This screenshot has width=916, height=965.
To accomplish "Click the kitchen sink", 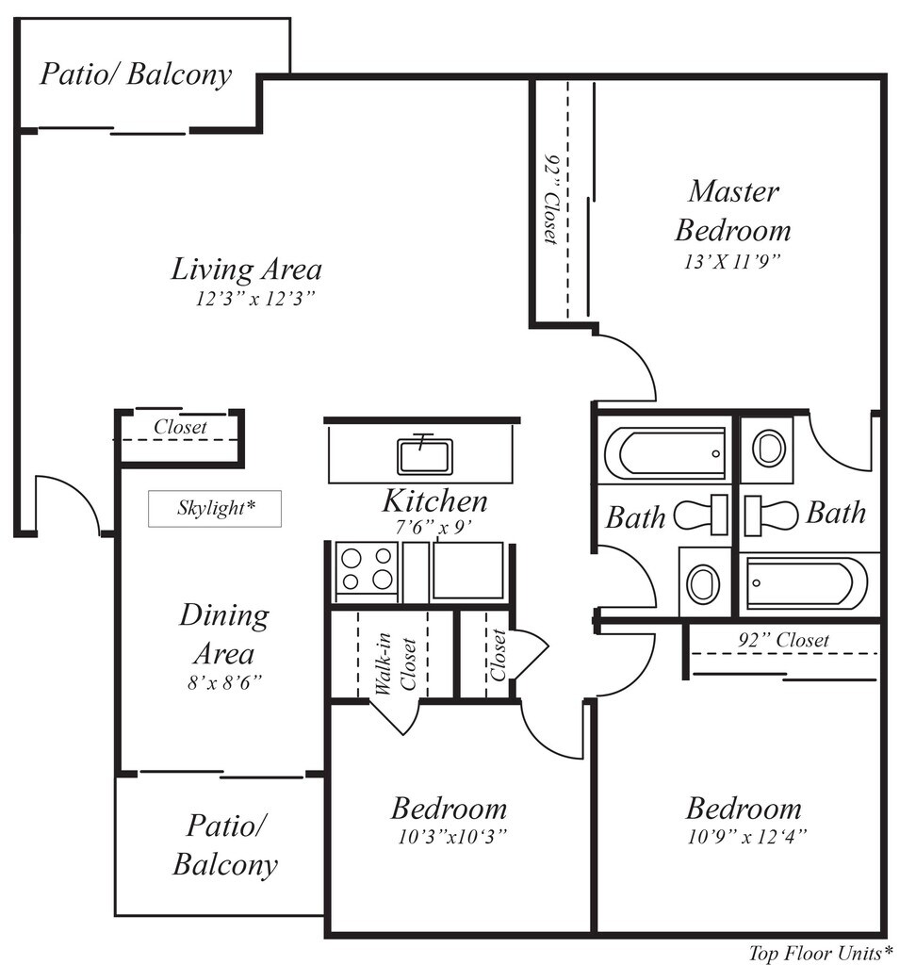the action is tap(425, 455).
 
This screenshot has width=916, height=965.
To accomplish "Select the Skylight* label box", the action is tap(215, 508).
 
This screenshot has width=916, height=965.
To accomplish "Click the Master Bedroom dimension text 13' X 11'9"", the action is tap(732, 262).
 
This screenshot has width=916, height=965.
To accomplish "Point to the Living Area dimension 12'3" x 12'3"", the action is tap(254, 299).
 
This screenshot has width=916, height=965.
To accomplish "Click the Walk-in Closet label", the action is tap(397, 663).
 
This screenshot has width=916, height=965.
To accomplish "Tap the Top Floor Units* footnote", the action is tap(821, 954).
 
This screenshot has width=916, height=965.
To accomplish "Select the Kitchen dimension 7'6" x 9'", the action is tap(433, 528).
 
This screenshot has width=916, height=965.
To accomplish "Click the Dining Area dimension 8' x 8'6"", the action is tap(224, 682).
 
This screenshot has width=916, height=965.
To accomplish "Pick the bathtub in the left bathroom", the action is tap(665, 453).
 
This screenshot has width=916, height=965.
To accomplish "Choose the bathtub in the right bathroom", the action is tap(806, 582).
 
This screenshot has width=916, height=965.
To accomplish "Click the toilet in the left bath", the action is tap(701, 515).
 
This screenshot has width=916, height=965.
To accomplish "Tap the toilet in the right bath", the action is tap(771, 515).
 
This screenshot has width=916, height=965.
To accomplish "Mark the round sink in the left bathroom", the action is tap(703, 582).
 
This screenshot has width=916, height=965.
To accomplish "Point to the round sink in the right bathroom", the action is tap(769, 448).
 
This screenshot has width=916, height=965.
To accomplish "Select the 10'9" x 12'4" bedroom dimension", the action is tap(746, 837).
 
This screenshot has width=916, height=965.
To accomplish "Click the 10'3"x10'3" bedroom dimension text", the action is tap(451, 837).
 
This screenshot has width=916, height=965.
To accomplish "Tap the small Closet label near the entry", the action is tap(180, 427).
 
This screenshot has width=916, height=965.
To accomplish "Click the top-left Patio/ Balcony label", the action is tap(136, 74).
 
